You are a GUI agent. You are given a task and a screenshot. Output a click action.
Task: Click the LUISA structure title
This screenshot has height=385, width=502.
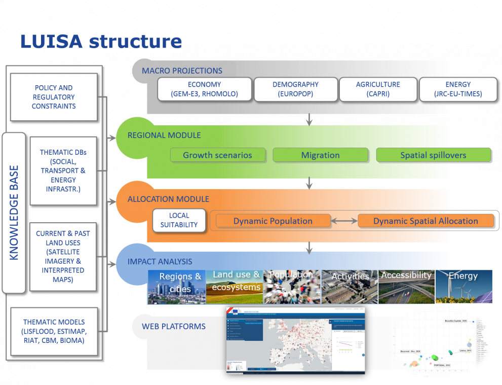click(101, 41)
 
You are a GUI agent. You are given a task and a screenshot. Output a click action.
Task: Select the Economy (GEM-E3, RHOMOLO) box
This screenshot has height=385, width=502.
click(205, 89)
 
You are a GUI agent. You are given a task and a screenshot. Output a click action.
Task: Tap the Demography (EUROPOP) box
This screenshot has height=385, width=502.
click(295, 89)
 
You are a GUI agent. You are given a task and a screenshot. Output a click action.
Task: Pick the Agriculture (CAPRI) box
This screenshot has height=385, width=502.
click(378, 89)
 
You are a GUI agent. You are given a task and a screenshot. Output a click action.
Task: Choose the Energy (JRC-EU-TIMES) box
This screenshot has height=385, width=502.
click(458, 89)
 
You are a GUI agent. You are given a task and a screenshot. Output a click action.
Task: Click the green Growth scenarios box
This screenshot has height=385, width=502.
click(217, 155)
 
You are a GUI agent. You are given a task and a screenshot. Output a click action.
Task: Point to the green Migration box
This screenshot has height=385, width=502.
click(320, 155)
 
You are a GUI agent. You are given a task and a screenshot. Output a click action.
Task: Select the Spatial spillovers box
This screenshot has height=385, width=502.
click(433, 155)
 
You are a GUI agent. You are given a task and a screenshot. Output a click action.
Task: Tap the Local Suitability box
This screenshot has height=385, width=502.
click(179, 220)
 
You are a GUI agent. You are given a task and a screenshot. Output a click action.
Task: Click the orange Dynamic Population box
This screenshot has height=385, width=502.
click(273, 221)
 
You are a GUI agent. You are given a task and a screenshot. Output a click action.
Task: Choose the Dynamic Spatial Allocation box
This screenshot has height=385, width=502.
click(426, 221)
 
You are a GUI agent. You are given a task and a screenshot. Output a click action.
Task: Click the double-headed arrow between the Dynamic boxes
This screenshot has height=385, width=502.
click(344, 221)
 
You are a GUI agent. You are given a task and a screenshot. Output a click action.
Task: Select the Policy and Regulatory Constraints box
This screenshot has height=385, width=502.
click(54, 97)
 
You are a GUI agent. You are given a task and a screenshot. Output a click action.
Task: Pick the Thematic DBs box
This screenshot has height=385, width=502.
click(63, 170)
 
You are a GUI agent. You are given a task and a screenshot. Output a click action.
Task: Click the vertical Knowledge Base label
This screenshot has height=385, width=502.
click(14, 213)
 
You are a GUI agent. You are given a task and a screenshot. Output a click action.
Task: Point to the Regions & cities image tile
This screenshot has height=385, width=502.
click(176, 287)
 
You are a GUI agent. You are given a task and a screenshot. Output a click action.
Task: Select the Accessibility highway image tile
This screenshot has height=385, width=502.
click(406, 287)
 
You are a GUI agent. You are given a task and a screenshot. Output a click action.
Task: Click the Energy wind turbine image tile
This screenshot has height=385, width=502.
click(464, 287)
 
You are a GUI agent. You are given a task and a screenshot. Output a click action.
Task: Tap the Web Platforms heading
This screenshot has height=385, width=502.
click(174, 326)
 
